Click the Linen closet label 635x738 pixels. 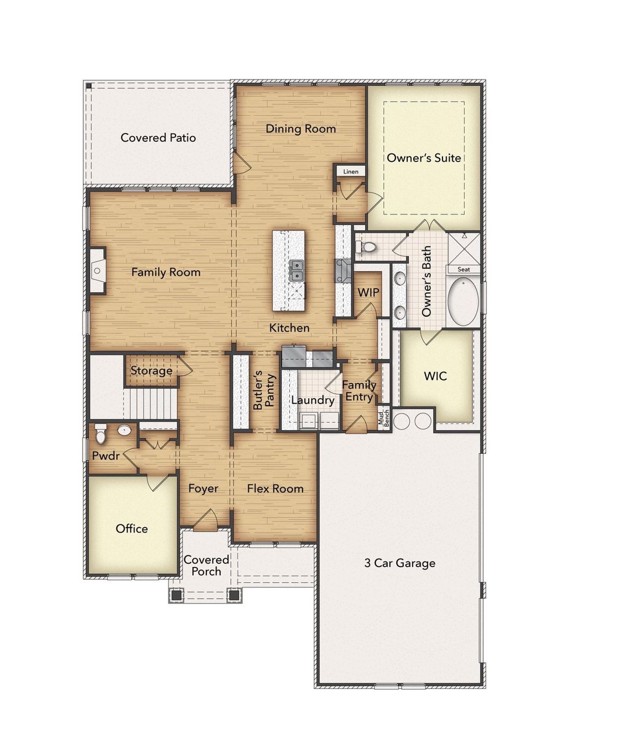click(x=351, y=172)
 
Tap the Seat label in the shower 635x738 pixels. click(x=463, y=269)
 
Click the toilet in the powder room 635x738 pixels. click(x=101, y=433)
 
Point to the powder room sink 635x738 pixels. click(x=125, y=430)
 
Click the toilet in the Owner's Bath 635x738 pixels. click(x=366, y=246)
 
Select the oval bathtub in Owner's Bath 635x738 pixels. click(x=463, y=302)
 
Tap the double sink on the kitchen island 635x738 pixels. click(x=297, y=270)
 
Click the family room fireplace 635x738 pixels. click(x=97, y=271)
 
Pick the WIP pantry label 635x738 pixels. click(x=368, y=293)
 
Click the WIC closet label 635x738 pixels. click(x=435, y=376)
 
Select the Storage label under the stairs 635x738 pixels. click(x=151, y=370)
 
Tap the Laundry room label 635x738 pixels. click(x=313, y=400)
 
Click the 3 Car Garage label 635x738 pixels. click(x=399, y=563)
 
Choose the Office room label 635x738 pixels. click(x=131, y=529)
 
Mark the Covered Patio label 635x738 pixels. click(x=158, y=137)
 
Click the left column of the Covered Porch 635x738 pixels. click(x=176, y=595)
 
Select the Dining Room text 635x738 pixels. click(x=301, y=129)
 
